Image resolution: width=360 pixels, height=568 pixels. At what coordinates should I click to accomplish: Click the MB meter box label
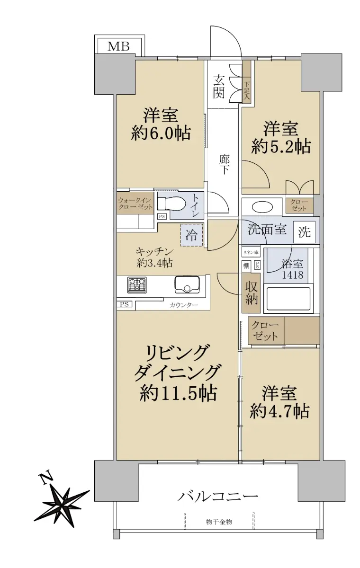tap(118, 46)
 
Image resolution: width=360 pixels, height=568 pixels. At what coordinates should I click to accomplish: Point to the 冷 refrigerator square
tap(192, 235)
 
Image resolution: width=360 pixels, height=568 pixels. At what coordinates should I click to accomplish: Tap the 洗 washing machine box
tap(305, 232)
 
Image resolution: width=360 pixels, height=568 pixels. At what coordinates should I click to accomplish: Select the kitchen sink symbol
tap(187, 284)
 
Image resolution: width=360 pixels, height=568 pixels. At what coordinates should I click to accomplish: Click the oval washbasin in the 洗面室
tap(262, 206)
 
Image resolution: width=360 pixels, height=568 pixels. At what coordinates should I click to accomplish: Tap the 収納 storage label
tap(251, 293)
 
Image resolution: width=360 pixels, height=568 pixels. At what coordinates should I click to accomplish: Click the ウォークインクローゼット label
tap(135, 204)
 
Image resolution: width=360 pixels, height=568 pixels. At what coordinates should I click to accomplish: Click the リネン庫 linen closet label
tap(251, 252)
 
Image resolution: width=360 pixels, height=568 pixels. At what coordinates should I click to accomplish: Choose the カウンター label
tap(184, 305)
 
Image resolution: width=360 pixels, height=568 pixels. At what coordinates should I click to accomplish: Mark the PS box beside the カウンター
tap(124, 304)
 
